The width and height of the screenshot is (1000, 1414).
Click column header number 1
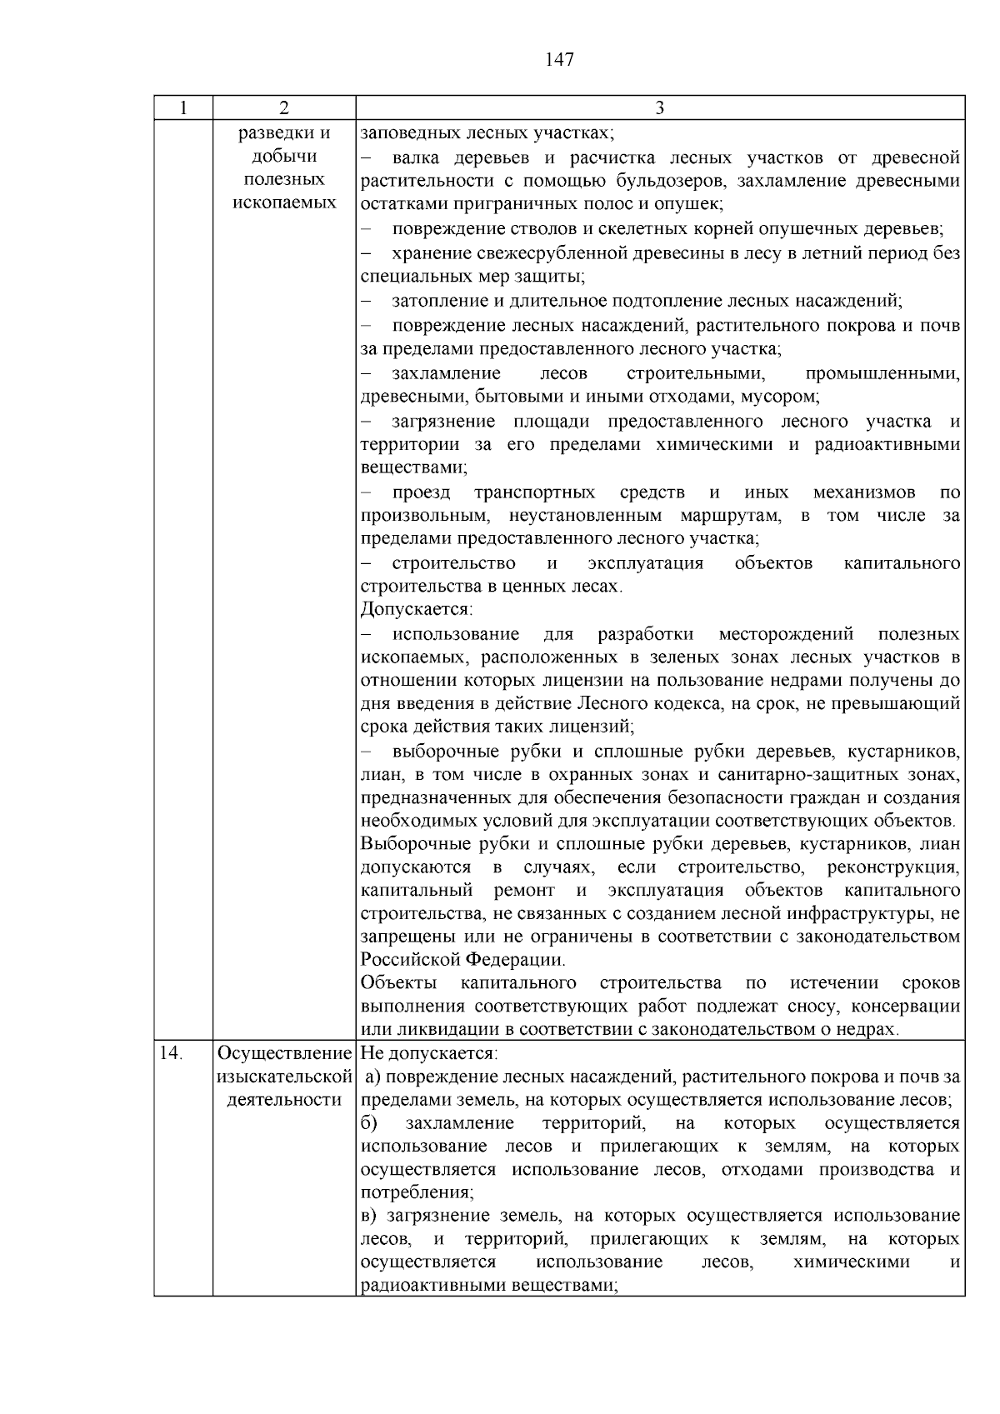pos(183,107)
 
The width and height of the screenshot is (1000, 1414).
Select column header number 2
pos(284,107)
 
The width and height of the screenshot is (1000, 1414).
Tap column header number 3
pos(659,107)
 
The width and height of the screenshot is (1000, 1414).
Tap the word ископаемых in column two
pos(284,202)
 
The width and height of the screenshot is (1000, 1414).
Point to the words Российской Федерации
pos(462,959)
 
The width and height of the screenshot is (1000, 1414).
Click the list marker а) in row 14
pos(372,1077)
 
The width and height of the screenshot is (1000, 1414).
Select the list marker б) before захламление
pos(369,1123)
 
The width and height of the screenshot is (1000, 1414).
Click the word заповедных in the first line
pos(403,133)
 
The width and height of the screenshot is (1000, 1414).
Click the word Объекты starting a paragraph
pos(398,983)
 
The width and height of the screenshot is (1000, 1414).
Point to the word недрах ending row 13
pos(872,1030)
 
